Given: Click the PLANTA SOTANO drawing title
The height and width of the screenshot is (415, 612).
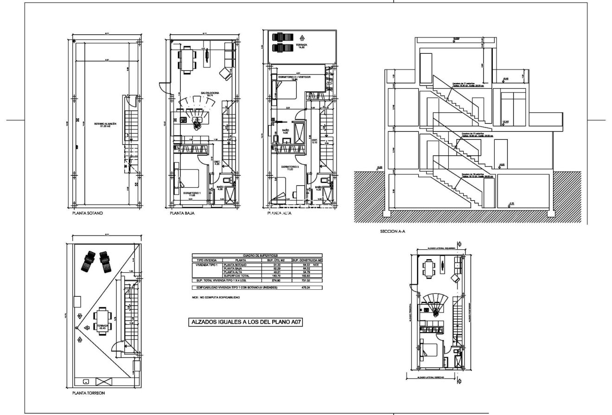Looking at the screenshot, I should (x=87, y=214).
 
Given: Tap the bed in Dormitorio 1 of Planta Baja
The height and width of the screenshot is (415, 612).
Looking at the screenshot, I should (x=187, y=179).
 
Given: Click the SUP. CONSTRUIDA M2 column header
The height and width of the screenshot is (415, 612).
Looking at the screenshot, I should (x=306, y=260).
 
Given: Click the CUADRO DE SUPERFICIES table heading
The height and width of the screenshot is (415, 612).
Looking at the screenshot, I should (x=256, y=255).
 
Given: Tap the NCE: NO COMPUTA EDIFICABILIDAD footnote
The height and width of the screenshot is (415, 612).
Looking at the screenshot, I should (x=216, y=297).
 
